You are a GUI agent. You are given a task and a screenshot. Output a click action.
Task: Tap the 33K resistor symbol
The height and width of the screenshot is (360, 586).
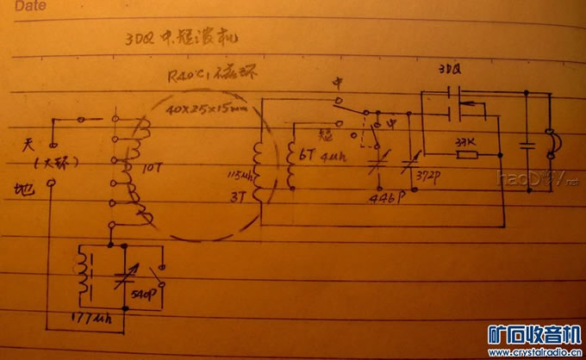tap(466, 155)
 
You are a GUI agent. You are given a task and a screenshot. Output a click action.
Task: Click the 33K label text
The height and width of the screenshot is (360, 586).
tap(465, 140)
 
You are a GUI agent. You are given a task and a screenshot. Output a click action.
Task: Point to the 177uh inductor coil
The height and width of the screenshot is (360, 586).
tap(85, 276)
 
